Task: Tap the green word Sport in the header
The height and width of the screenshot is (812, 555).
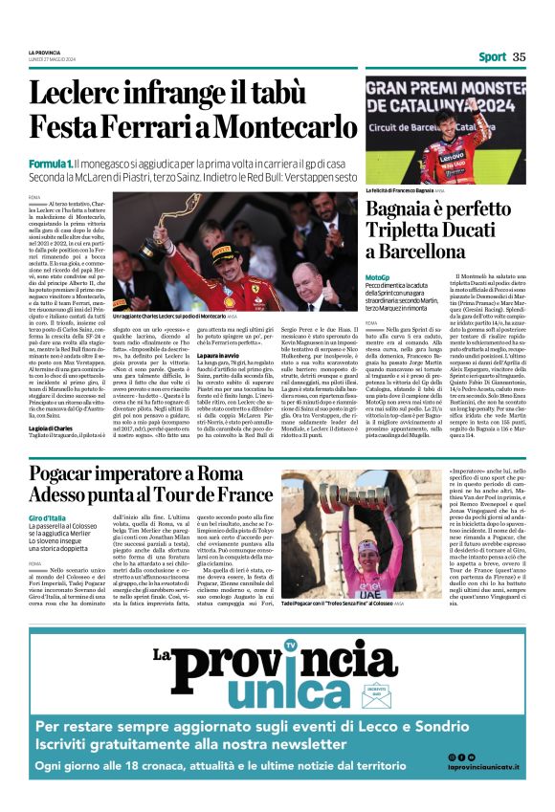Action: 493,56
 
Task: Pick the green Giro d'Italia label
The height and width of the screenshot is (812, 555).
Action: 47,518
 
